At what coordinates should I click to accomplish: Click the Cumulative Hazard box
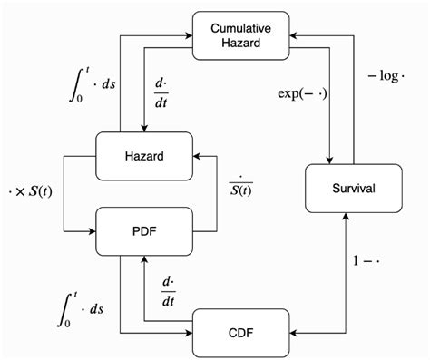click(x=243, y=36)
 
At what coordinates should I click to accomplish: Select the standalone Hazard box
click(x=143, y=156)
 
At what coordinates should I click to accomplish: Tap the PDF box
click(x=143, y=230)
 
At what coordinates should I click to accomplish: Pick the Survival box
click(x=354, y=189)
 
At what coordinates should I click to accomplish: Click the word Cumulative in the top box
click(x=243, y=29)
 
